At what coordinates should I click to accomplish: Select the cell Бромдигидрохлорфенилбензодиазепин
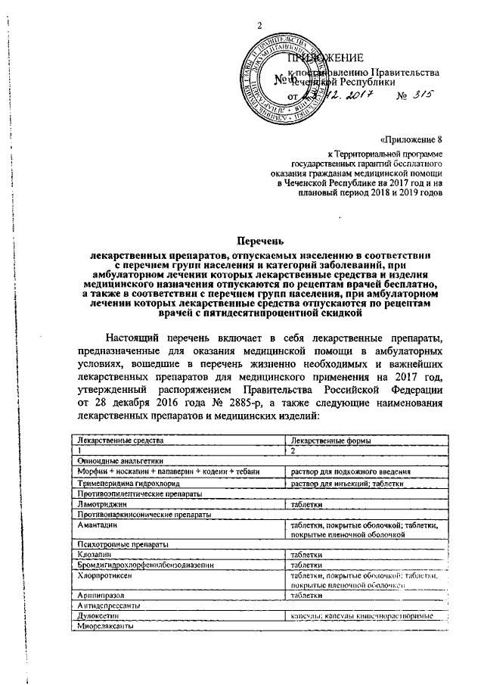tap(135, 565)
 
